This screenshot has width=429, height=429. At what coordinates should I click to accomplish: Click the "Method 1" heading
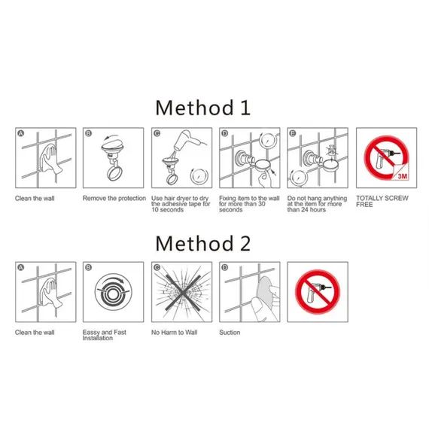click(202, 108)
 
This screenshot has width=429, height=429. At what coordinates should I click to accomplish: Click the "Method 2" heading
click(202, 243)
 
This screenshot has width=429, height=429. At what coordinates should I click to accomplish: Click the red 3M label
click(401, 175)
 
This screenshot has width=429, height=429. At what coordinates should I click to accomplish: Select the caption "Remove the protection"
click(114, 198)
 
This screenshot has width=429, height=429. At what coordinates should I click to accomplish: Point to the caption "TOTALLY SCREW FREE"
click(382, 202)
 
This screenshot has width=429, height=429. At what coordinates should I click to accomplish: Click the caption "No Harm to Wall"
click(175, 333)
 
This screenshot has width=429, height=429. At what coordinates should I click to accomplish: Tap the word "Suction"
click(230, 333)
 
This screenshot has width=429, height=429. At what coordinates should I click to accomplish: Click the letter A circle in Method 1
click(21, 133)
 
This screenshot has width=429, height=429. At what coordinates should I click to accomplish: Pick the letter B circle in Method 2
click(88, 267)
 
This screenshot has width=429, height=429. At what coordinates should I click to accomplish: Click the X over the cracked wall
click(182, 293)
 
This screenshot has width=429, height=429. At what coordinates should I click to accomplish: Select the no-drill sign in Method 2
click(318, 292)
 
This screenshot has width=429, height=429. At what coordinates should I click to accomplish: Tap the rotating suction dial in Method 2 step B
click(114, 292)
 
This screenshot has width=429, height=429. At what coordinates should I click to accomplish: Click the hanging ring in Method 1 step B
click(114, 173)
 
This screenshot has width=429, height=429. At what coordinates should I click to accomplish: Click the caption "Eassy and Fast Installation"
click(105, 335)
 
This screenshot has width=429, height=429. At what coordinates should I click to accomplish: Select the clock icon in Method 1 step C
click(199, 176)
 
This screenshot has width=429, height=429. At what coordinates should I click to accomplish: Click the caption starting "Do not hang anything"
click(317, 204)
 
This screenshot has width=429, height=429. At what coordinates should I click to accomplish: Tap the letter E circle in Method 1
click(293, 133)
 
